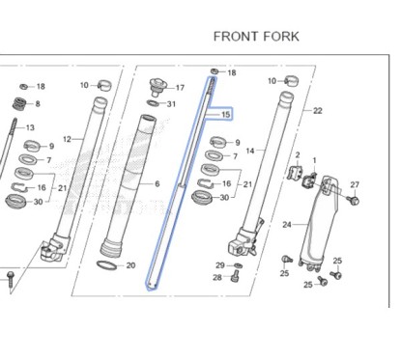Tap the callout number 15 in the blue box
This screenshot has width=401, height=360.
click(x=225, y=116)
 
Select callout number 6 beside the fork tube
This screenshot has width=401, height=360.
click(x=157, y=183)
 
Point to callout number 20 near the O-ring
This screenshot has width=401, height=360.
click(x=131, y=265)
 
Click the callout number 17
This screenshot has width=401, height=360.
click(x=180, y=88)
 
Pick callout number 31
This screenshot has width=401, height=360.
click(x=171, y=104)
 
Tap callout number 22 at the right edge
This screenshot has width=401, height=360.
click(x=317, y=111)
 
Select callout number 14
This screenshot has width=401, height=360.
click(x=249, y=151)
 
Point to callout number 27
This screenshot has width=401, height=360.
click(x=354, y=184)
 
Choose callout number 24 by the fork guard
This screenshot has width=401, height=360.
click(x=287, y=225)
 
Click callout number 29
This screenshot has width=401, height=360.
click(x=220, y=264)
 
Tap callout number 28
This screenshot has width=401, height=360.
click(x=216, y=278)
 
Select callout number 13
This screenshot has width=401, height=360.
click(x=30, y=127)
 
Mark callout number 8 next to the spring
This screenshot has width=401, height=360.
click(x=37, y=104)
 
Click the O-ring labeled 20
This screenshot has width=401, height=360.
click(x=111, y=264)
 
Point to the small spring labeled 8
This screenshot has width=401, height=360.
click(x=18, y=103)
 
